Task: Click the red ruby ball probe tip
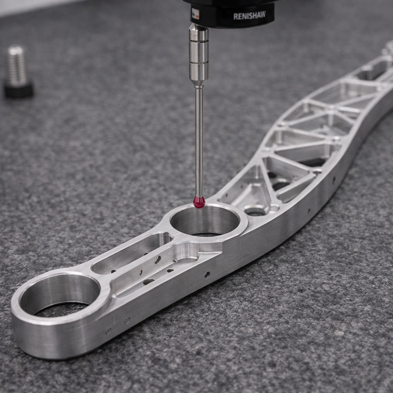pyautogui.click(x=199, y=202)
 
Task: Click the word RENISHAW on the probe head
pyautogui.click(x=249, y=16)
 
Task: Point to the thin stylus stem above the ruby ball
pyautogui.click(x=199, y=141)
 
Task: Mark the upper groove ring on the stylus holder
pyautogui.click(x=199, y=41)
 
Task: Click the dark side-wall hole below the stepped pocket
pyautogui.click(x=207, y=274)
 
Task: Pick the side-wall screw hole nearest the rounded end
pyautogui.click(x=108, y=331)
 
